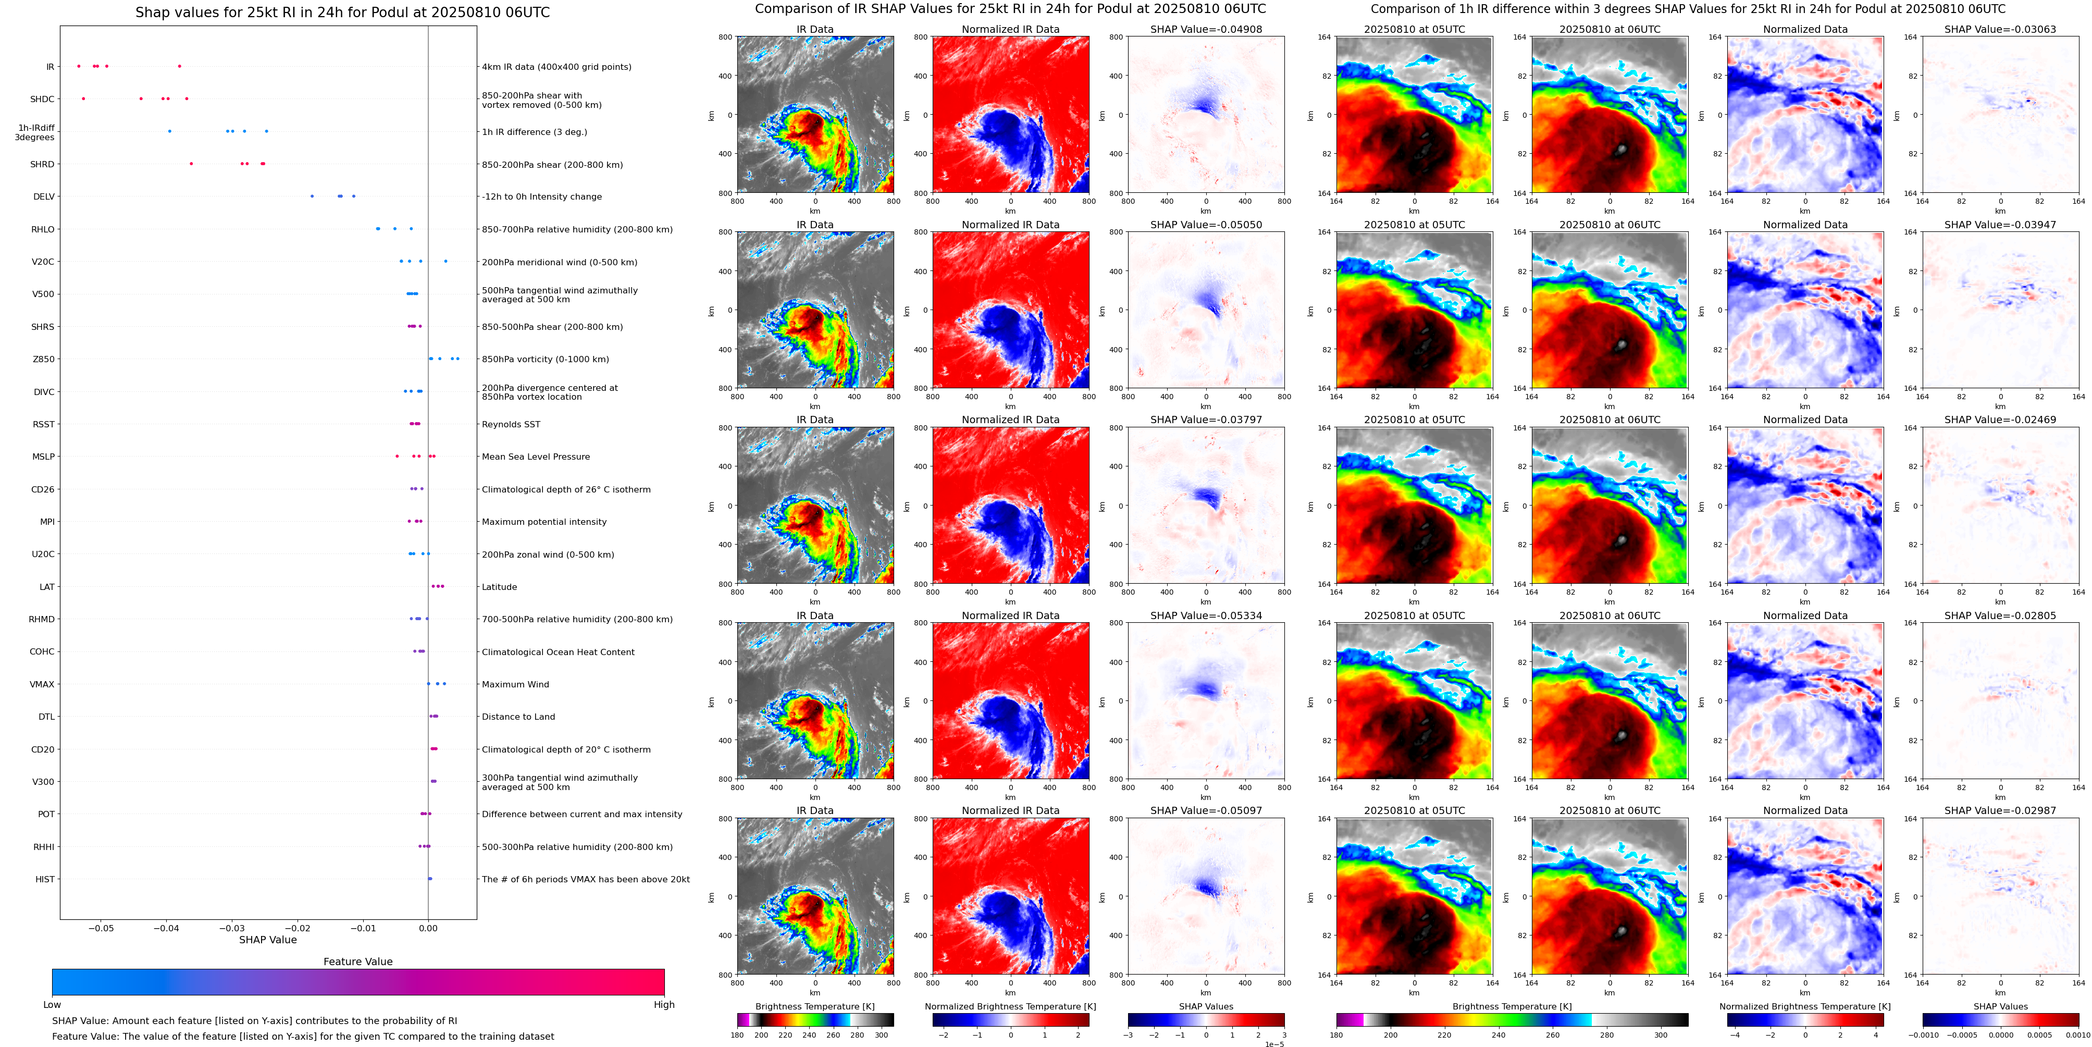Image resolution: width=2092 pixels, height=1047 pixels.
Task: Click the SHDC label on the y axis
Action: point(42,99)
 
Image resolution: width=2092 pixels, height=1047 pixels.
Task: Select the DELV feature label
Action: point(44,196)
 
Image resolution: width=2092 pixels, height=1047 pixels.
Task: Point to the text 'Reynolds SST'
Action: point(511,424)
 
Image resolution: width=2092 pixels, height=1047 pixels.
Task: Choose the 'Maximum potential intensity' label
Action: point(544,522)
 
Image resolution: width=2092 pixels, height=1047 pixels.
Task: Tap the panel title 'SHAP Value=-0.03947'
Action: point(2000,225)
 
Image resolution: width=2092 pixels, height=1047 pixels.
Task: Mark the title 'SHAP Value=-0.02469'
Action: point(2000,420)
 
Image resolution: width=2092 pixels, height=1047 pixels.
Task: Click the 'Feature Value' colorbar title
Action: point(358,962)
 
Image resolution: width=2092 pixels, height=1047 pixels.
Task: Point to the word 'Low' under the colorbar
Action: point(52,1005)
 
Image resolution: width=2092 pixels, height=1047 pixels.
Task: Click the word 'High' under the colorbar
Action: point(664,1005)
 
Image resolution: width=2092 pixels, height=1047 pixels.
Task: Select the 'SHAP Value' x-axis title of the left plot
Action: point(268,940)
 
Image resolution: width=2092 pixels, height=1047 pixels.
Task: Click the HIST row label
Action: point(45,879)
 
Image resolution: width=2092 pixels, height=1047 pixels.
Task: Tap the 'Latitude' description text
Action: point(500,586)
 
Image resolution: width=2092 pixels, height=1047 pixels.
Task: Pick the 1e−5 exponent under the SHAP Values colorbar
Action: point(1274,1044)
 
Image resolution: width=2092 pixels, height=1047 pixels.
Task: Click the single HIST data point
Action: point(430,879)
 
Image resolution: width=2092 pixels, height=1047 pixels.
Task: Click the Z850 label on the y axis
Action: point(44,359)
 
